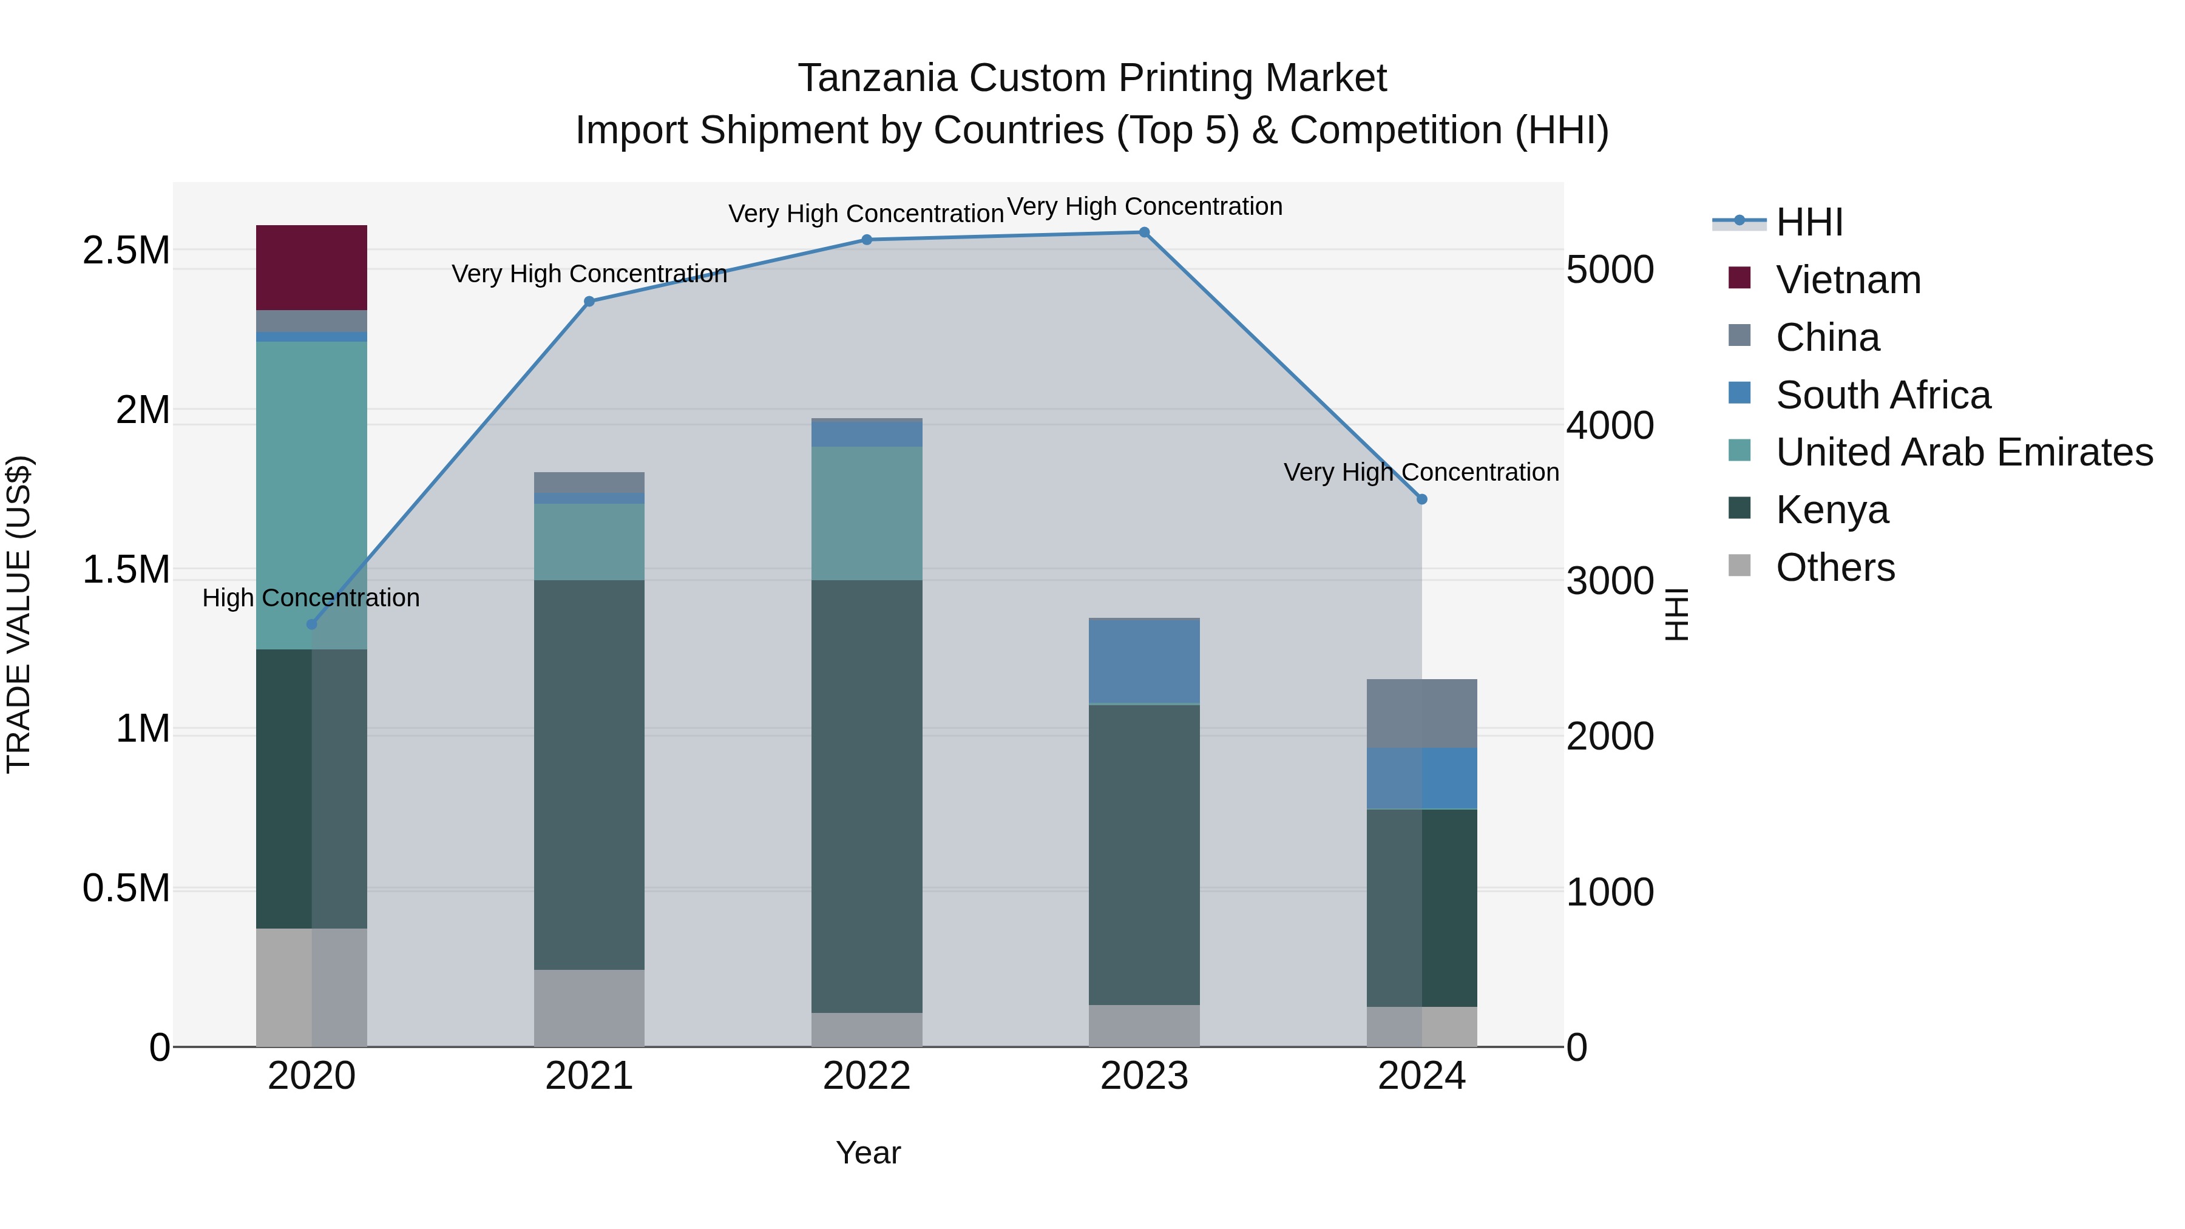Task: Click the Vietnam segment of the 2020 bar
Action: pos(311,267)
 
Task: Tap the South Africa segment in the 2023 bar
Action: pos(1143,662)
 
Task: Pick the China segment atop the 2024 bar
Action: pos(1421,713)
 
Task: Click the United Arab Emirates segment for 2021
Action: pos(589,542)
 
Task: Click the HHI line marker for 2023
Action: pos(1143,232)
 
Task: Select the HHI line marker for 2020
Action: pos(311,625)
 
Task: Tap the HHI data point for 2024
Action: pos(1421,499)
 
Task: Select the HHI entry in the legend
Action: pos(1809,222)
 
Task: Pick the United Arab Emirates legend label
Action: pos(1963,452)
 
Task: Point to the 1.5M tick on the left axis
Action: pos(126,569)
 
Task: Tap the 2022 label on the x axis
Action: pos(866,1076)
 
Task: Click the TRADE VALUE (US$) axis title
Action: pos(19,614)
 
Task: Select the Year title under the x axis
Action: pos(868,1153)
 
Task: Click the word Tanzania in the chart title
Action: pos(877,78)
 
